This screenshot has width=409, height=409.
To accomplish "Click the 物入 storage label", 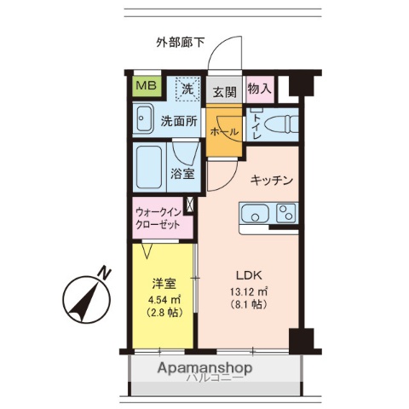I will pos(260,89).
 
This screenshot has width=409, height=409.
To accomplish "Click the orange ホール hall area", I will pos(224,134).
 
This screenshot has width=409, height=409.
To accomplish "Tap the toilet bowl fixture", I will pos(282,124).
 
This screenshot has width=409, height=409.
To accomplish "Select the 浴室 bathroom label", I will pos(183,175).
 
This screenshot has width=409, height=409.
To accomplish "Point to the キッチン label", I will pos(272,181).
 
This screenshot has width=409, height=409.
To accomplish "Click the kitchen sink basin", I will pos(253,214).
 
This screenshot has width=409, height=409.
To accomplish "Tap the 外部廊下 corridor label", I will pos(180,42).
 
